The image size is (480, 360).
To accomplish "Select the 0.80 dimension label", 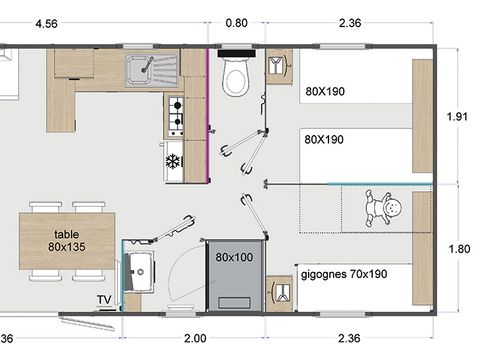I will pos(237,22).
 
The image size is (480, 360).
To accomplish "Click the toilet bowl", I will pos(236,80).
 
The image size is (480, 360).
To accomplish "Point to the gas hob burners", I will pos(174,116).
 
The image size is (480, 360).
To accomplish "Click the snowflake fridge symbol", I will pos(172,160).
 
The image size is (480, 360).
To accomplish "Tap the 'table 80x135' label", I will pos(66,240).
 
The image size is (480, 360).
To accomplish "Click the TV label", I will pos(104,299).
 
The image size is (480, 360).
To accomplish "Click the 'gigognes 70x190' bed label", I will pos(343,272).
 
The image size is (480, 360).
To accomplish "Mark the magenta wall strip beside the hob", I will pos(208,115).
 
